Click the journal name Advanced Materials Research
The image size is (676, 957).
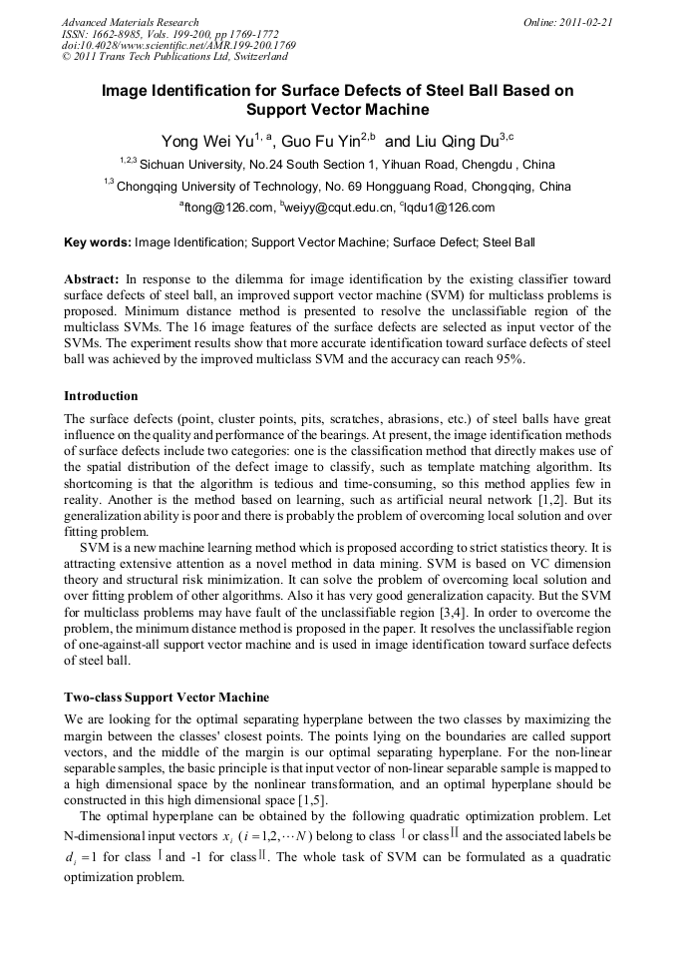130,22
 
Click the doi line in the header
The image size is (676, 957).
178,45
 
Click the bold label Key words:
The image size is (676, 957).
97,241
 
